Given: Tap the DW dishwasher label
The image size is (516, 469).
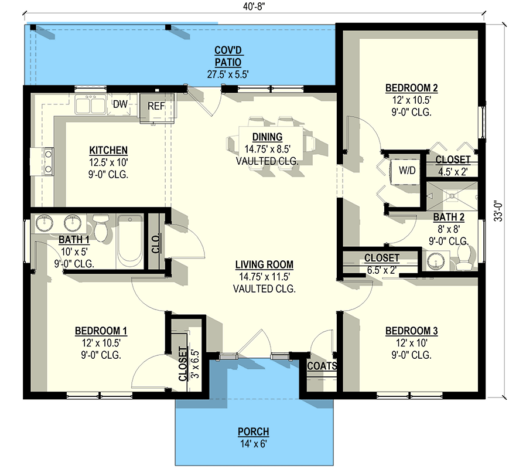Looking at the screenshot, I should pos(120,104).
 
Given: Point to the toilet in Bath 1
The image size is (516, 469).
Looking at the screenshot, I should pos(101,227).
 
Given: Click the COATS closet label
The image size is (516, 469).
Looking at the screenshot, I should pos(322,366).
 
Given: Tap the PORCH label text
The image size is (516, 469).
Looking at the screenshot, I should pos(254,432).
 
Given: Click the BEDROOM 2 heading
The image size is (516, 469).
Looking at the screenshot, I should pos(412,89).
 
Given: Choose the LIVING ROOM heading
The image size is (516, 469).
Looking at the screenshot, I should pos(264,264).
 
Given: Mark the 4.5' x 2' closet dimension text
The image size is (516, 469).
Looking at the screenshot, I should pos(452,172).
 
